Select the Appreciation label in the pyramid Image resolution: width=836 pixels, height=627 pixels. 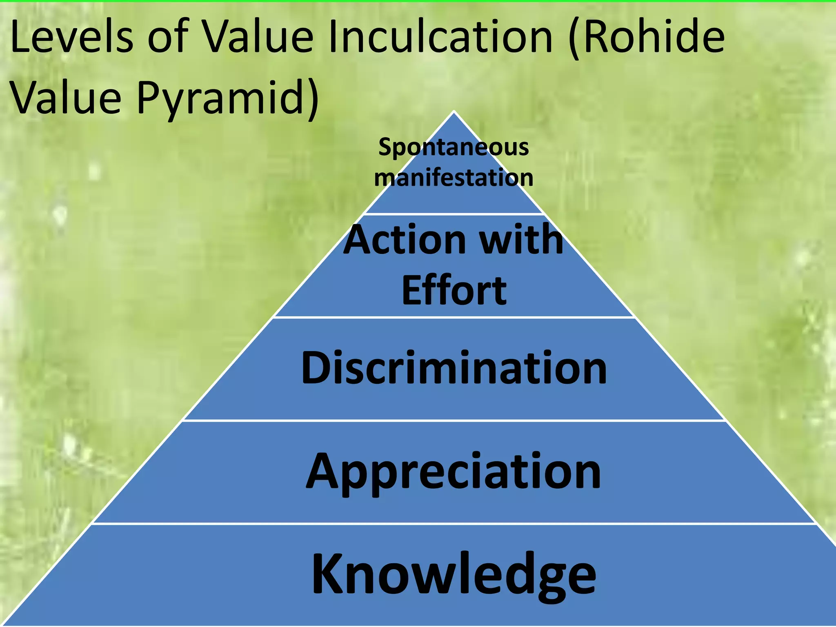click(x=454, y=472)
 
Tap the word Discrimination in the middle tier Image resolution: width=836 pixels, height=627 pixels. click(x=454, y=368)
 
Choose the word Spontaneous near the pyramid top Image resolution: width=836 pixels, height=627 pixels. click(x=454, y=147)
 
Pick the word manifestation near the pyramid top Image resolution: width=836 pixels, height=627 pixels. click(x=454, y=178)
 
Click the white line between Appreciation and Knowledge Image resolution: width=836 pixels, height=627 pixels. click(x=454, y=523)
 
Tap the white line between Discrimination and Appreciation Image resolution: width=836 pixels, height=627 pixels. click(x=454, y=420)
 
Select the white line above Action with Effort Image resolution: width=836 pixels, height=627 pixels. click(x=454, y=213)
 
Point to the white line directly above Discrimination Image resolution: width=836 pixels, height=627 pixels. click(x=454, y=317)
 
